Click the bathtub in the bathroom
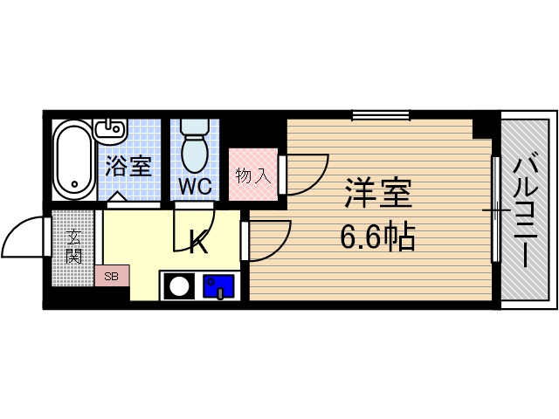click(72, 159)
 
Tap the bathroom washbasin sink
click(109, 131)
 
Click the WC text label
click(195, 186)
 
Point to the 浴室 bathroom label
click(128, 166)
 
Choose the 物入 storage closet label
click(252, 175)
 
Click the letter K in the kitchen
click(199, 243)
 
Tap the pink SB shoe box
click(112, 276)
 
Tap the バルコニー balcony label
click(525, 209)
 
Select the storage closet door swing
click(306, 175)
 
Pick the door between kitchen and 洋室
click(269, 240)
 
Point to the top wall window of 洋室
click(381, 114)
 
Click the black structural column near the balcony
click(482, 127)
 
